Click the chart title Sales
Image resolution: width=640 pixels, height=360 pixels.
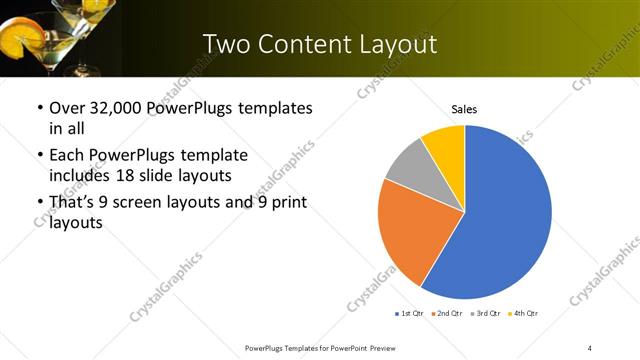click(464, 108)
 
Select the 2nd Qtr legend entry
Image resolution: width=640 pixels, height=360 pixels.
click(445, 313)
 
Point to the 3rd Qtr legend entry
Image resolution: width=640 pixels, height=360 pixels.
click(486, 313)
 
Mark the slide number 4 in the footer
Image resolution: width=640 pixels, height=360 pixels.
click(590, 347)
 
